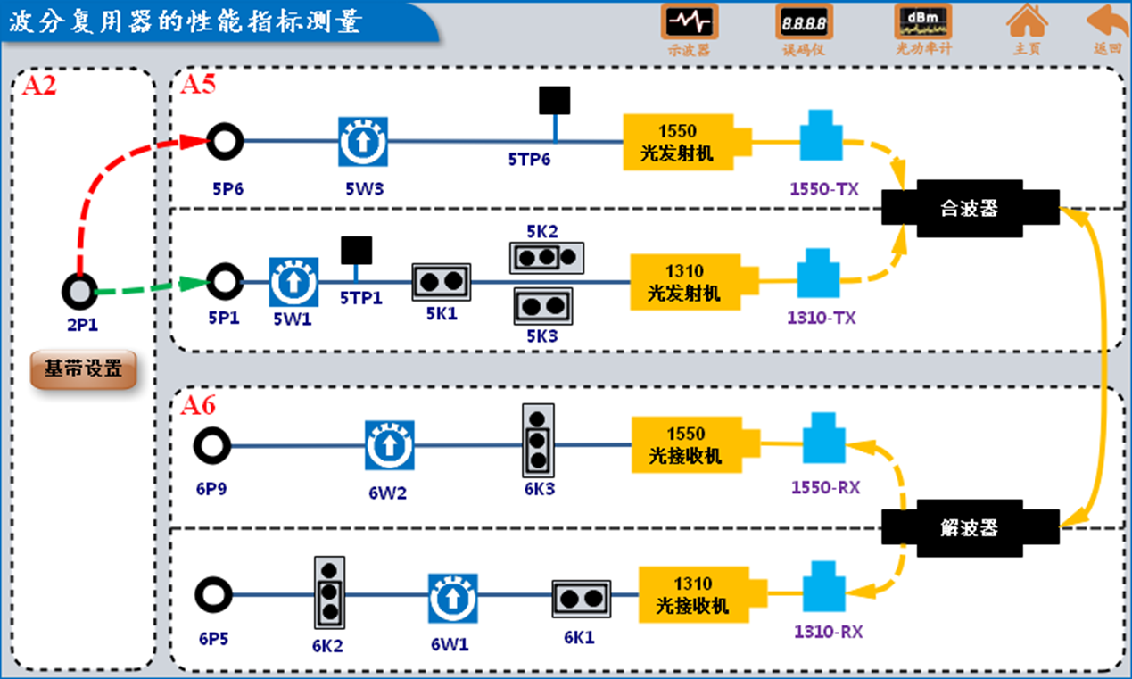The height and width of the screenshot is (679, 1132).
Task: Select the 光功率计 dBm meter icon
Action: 922,21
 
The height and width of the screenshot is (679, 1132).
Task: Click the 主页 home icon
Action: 1027,21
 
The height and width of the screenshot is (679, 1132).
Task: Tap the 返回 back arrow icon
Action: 1107,21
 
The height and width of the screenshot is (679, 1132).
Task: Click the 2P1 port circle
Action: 80,292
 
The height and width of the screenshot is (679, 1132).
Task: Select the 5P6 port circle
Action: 225,141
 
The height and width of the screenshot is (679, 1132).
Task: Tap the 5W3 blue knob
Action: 363,142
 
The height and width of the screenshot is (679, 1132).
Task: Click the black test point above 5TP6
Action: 555,101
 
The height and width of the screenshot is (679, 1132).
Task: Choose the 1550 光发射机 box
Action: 677,142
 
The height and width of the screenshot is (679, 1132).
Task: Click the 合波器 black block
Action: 970,209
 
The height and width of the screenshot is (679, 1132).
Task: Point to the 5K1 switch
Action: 441,281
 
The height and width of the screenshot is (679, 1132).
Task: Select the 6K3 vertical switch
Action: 537,440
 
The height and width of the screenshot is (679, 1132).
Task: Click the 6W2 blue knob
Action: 390,445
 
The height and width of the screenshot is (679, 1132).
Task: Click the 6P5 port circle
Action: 213,593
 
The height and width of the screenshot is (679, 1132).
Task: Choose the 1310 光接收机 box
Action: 693,595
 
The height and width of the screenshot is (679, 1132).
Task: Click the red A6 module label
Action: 198,406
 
